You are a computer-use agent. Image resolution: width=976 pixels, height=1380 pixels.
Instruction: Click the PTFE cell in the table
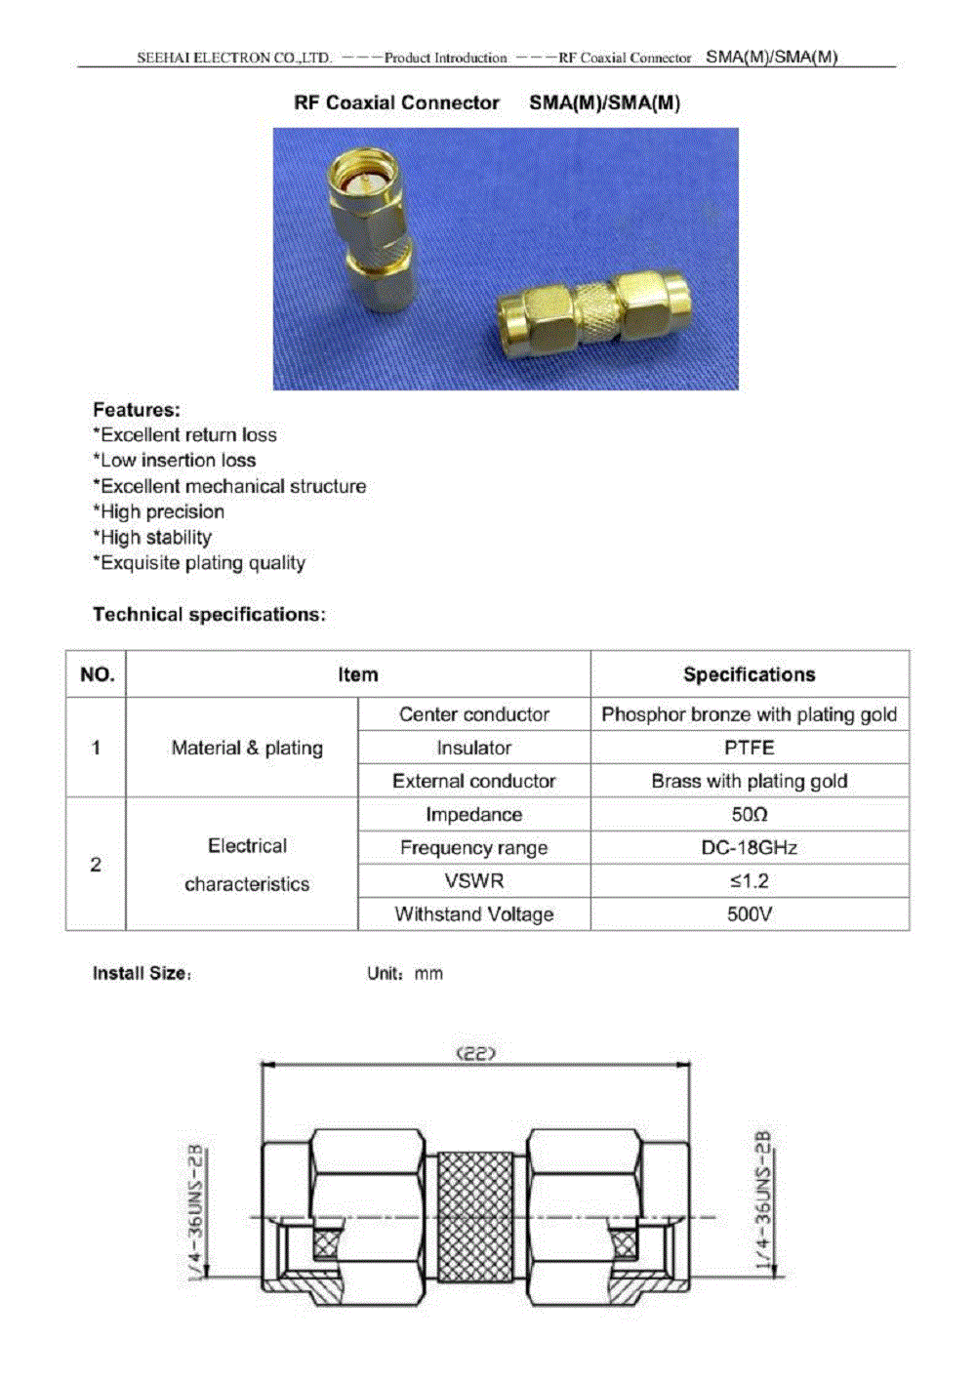(749, 748)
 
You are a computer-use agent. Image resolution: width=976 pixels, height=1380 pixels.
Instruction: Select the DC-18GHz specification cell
(749, 847)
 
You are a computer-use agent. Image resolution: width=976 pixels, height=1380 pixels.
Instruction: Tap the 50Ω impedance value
(749, 814)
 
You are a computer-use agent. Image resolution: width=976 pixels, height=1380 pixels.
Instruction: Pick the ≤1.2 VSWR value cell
(749, 880)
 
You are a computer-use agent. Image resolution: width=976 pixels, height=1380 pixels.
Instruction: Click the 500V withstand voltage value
(749, 914)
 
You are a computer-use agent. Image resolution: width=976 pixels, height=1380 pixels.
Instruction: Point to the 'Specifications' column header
(749, 674)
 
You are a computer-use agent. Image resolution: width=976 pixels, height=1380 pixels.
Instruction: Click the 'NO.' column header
(97, 674)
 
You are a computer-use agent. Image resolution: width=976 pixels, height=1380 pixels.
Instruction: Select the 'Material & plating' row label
(246, 748)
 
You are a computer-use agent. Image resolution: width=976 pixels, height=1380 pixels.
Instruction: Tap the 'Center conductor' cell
(473, 714)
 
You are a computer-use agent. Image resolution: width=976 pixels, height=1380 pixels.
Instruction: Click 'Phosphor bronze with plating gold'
(749, 714)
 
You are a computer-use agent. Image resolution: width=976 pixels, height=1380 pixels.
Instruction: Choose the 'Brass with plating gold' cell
(749, 781)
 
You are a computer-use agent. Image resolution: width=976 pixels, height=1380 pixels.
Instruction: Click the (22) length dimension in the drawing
(476, 1054)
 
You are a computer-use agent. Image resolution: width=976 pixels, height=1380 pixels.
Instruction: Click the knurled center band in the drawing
(474, 1217)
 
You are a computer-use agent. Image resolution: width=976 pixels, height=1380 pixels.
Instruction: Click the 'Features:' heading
(137, 410)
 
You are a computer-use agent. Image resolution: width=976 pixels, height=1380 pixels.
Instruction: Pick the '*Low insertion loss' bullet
(175, 461)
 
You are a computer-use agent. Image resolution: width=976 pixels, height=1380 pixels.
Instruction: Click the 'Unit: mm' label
(405, 973)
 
